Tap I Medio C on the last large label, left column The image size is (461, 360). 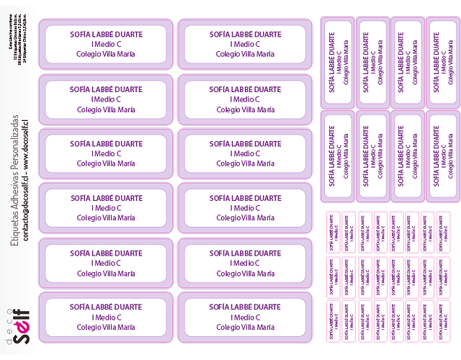tap(105, 318)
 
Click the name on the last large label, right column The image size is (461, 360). tap(245, 307)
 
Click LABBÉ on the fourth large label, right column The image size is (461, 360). tap(245, 198)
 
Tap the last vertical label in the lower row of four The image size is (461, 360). tap(442, 155)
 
